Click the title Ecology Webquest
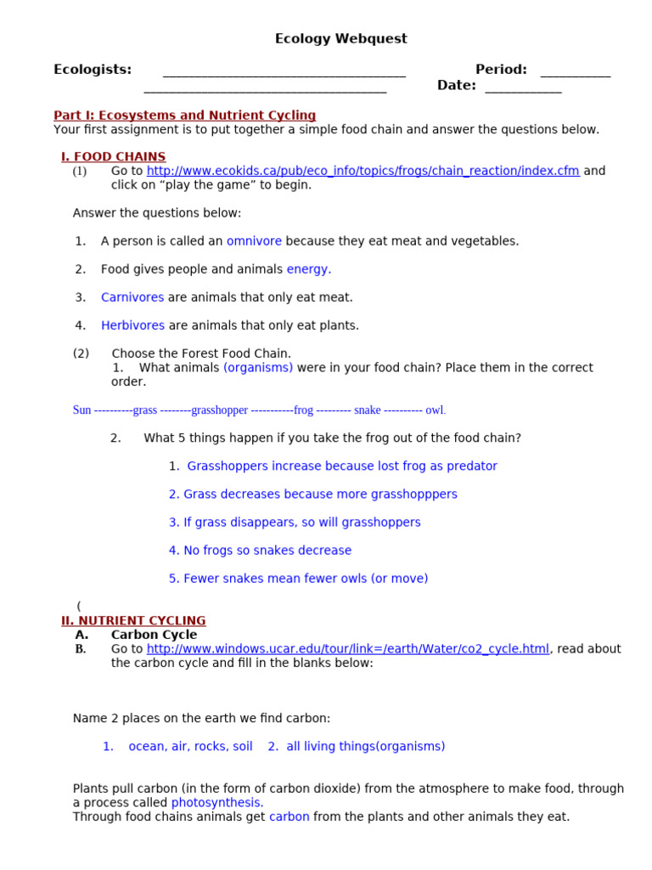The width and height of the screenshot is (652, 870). tap(340, 39)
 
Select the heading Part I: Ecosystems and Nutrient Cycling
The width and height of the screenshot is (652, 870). tap(184, 116)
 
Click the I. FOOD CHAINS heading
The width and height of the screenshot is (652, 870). tap(113, 157)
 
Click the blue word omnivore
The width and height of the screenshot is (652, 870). tap(254, 241)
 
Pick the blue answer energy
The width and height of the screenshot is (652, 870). tap(308, 269)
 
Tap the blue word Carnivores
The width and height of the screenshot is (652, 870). tap(132, 297)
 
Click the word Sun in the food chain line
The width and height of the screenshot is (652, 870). tap(81, 410)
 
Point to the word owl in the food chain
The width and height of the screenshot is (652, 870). tap(435, 410)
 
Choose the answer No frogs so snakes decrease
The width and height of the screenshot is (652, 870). tap(260, 551)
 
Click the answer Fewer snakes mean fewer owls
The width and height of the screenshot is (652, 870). tap(298, 579)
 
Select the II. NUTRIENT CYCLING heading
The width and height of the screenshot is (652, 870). tap(133, 621)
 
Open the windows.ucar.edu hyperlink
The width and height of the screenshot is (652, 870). tap(348, 649)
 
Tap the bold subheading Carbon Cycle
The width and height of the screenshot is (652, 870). tap(154, 635)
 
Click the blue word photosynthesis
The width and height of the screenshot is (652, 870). tap(217, 803)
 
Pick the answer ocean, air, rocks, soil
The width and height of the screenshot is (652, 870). tap(190, 747)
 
